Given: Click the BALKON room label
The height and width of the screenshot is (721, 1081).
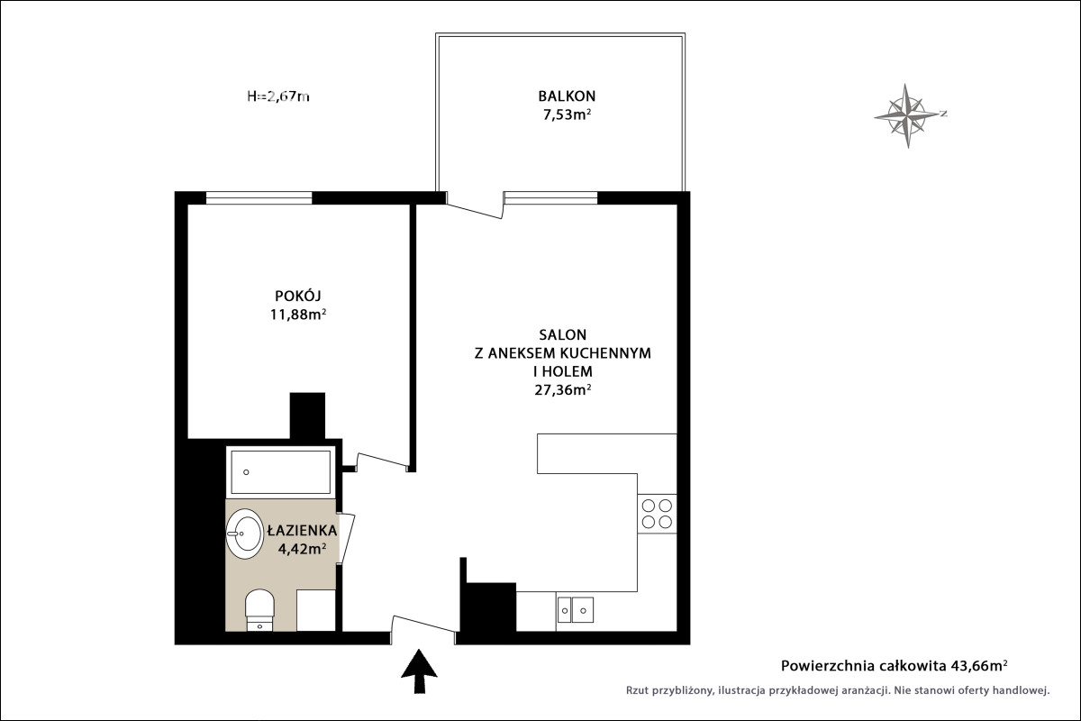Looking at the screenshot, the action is click(x=567, y=96).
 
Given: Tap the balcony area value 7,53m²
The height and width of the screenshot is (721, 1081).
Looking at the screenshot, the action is click(x=567, y=115).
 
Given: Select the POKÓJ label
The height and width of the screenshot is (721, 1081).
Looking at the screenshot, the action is click(x=298, y=296).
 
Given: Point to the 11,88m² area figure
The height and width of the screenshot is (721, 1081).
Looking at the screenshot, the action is click(x=298, y=315).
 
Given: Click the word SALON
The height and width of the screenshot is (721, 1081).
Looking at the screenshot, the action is click(x=563, y=334).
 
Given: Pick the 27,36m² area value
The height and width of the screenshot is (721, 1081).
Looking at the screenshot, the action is click(x=563, y=389).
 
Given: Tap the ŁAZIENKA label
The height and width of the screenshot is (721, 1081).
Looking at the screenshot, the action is click(x=302, y=531).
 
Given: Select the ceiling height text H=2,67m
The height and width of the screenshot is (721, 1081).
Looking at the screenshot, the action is click(x=278, y=96).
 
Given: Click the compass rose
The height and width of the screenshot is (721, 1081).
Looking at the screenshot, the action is click(x=908, y=115).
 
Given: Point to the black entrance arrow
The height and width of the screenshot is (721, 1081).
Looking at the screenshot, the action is click(x=420, y=671).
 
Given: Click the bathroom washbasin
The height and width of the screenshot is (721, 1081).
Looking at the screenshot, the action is click(x=245, y=534).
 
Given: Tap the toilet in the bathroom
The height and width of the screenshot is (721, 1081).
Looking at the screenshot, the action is click(x=259, y=610).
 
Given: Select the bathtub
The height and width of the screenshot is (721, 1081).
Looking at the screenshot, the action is click(x=280, y=472).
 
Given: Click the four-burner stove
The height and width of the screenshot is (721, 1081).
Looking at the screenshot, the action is click(x=657, y=514).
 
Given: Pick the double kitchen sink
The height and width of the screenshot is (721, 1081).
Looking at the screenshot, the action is click(x=576, y=610).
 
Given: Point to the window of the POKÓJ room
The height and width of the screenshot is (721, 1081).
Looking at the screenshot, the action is click(x=259, y=198).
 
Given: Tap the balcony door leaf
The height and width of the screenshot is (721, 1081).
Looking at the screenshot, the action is click(x=475, y=211).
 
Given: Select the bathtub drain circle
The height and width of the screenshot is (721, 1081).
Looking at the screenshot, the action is click(x=246, y=472).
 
